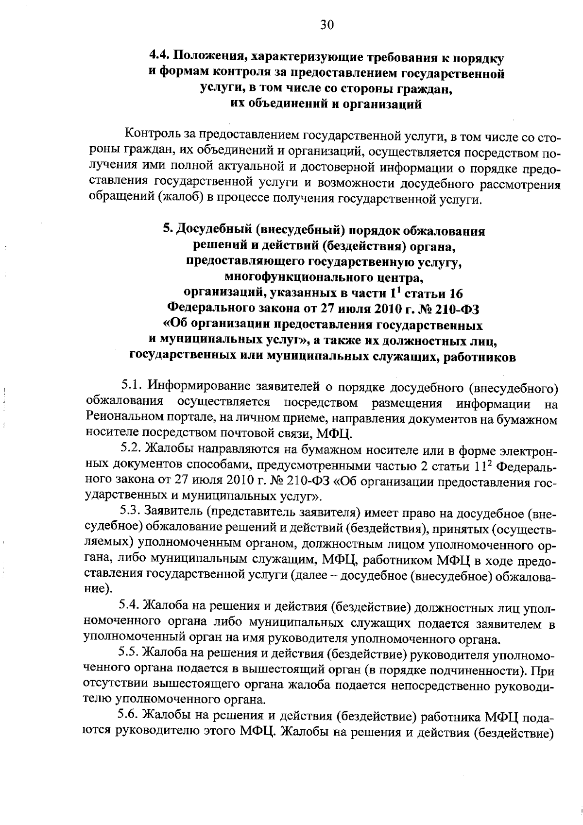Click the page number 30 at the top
326,25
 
